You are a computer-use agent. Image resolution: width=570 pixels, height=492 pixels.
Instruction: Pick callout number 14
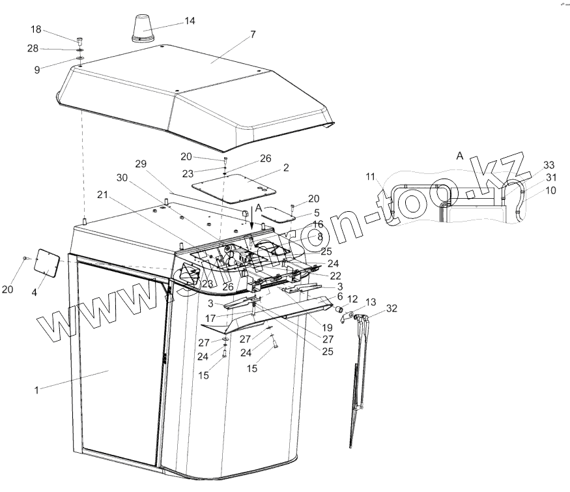tap(190, 20)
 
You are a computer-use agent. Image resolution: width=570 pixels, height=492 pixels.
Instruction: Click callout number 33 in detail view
tap(549, 165)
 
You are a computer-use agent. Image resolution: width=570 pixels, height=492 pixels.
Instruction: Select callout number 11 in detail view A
tap(370, 176)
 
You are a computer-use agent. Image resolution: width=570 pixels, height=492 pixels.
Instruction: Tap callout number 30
tap(122, 177)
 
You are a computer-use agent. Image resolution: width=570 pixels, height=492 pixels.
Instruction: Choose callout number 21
tap(102, 195)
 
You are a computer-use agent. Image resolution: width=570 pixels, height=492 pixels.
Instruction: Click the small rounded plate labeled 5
tap(282, 214)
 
